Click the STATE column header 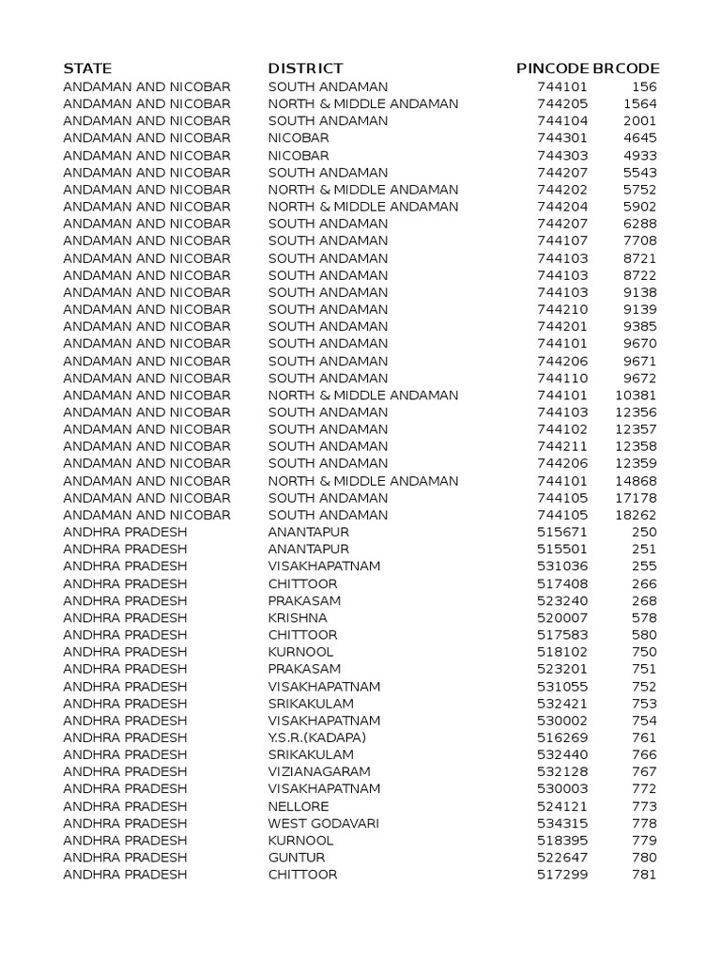coord(87,69)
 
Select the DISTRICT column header coord(305,69)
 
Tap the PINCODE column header coord(553,69)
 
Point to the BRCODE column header coord(626,69)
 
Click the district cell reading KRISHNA coord(298,618)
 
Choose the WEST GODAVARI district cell coord(324,823)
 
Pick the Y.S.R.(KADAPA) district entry coord(317,737)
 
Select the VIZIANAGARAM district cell coord(326,771)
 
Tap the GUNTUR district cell coord(297,858)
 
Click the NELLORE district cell coord(299,806)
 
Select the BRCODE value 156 coord(645,86)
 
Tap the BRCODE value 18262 coord(637,515)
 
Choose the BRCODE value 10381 coord(637,396)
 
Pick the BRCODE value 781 coord(645,875)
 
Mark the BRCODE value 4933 coord(640,155)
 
